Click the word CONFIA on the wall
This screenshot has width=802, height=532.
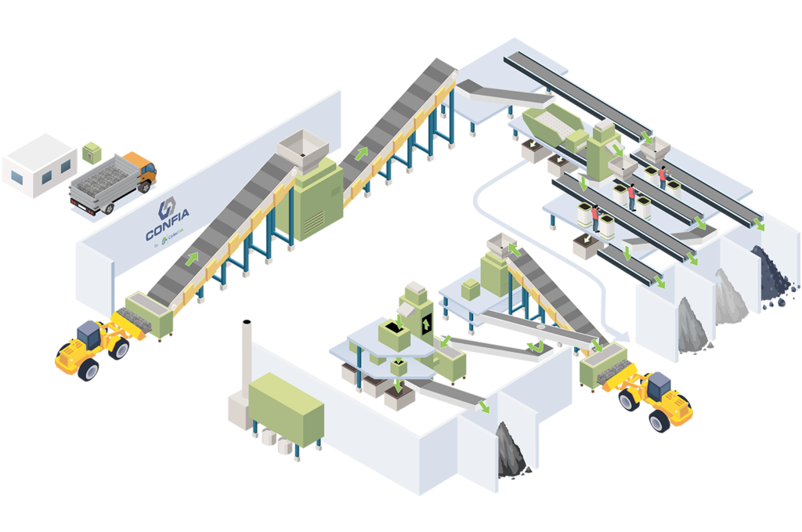(167, 233)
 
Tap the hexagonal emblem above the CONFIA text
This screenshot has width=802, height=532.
(166, 210)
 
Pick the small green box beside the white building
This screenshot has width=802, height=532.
(92, 150)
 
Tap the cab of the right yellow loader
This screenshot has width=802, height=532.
(659, 385)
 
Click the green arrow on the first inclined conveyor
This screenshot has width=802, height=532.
(192, 258)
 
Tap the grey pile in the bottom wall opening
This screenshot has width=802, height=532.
(514, 454)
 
